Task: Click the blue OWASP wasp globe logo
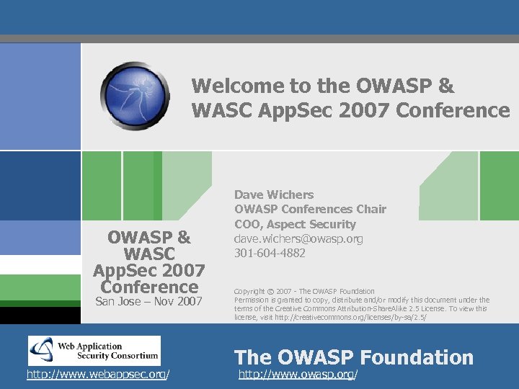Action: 135,95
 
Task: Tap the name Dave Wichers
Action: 274,194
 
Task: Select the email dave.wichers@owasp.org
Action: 298,238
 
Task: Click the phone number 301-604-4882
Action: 270,253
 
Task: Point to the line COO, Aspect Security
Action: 295,224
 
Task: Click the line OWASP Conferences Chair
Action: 310,209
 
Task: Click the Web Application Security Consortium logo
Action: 94,351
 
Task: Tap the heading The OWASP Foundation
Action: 354,357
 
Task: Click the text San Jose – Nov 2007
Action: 149,301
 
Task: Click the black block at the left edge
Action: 40,315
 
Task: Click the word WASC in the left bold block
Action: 149,254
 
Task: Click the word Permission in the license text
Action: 253,300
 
